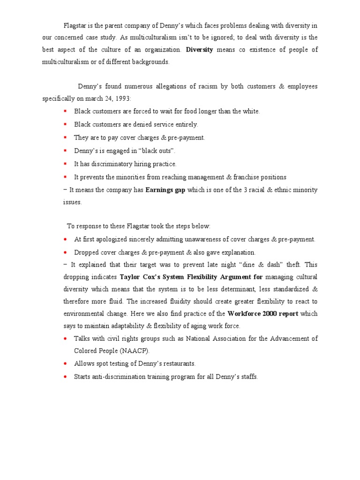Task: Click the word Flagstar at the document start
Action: pos(75,25)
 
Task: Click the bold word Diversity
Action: pos(199,50)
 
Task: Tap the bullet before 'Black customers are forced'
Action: pos(65,112)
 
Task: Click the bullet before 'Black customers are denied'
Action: pos(65,125)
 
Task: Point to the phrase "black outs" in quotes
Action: pos(158,151)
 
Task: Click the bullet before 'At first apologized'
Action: pos(65,239)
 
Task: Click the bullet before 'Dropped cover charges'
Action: pos(65,252)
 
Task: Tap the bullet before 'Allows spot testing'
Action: pos(65,363)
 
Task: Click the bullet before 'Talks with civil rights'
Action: pos(65,338)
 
